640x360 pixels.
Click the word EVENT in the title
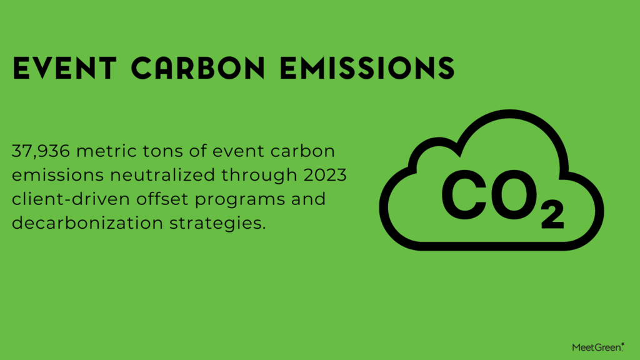click(64, 67)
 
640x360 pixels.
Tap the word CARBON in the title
click(198, 67)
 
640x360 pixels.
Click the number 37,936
click(41, 151)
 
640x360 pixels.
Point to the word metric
click(106, 151)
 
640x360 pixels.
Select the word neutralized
click(162, 175)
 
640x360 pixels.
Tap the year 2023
click(325, 175)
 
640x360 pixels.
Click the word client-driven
click(71, 199)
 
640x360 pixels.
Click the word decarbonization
click(87, 223)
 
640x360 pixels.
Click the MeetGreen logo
click(598, 347)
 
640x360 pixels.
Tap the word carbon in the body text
click(302, 151)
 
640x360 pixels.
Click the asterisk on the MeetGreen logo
click(622, 344)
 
